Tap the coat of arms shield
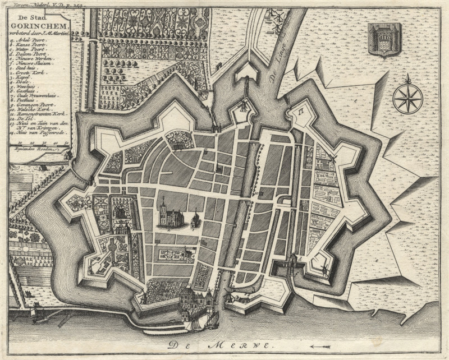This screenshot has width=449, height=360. point(383,39)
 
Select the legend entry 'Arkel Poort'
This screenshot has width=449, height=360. point(26,40)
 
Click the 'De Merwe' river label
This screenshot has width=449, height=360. point(219,346)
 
